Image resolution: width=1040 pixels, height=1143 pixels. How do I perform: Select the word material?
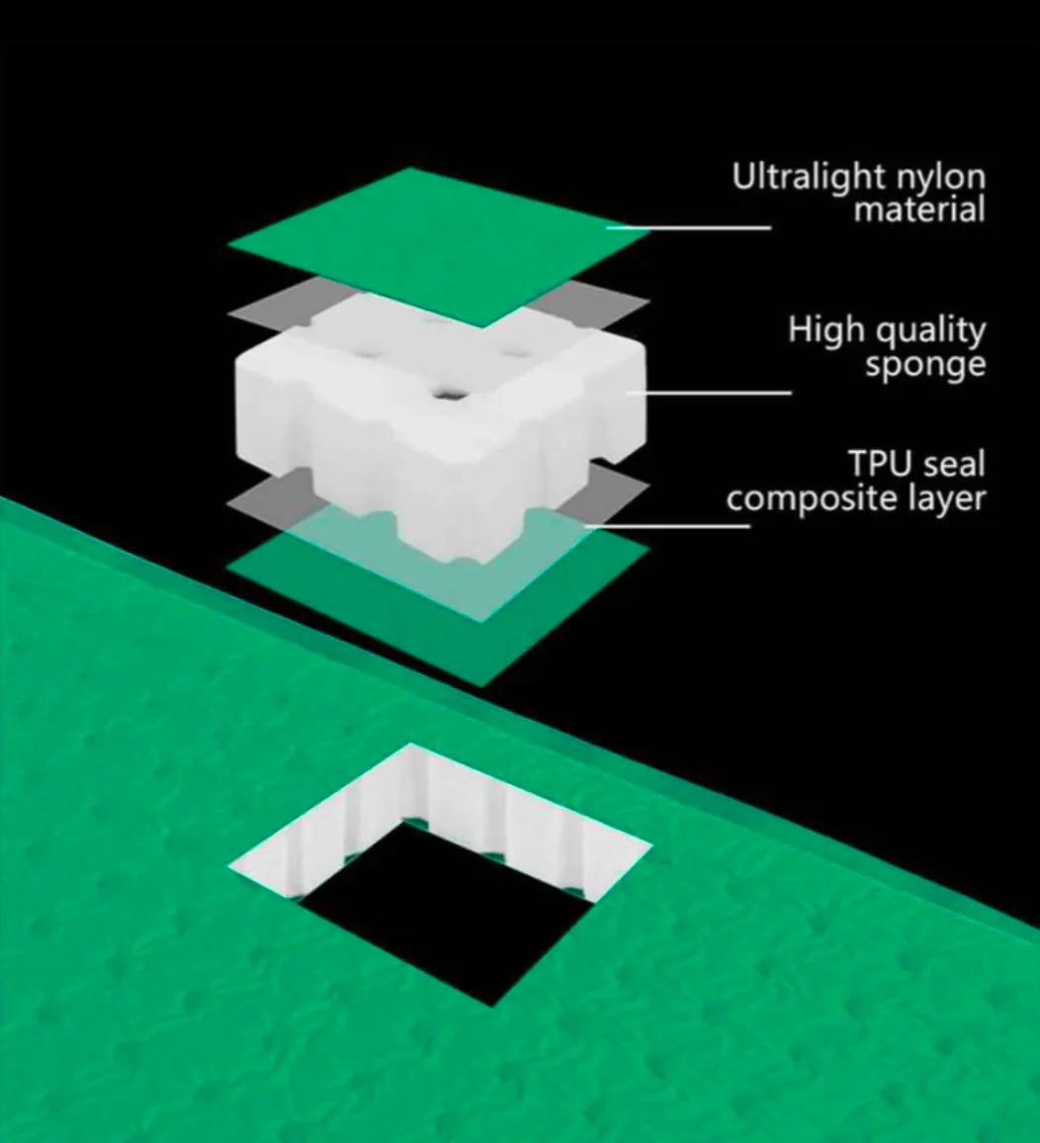pyautogui.click(x=919, y=210)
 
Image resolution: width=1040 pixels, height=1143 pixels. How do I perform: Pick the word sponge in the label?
pyautogui.click(x=925, y=366)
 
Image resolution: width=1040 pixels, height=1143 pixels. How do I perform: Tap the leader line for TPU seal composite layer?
pyautogui.click(x=682, y=525)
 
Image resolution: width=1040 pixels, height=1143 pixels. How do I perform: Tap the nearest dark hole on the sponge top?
pyautogui.click(x=447, y=395)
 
